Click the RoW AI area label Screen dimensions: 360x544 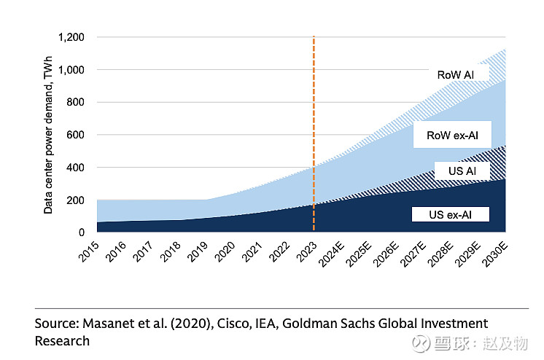pyautogui.click(x=456, y=75)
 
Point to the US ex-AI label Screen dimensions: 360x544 pyautogui.click(x=449, y=214)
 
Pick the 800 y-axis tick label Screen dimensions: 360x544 pyautogui.click(x=75, y=103)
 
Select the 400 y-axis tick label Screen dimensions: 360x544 pyautogui.click(x=75, y=168)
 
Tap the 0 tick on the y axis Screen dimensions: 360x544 pyautogui.click(x=82, y=232)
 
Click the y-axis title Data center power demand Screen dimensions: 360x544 pyautogui.click(x=48, y=136)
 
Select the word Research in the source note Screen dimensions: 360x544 pyautogui.click(x=62, y=340)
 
